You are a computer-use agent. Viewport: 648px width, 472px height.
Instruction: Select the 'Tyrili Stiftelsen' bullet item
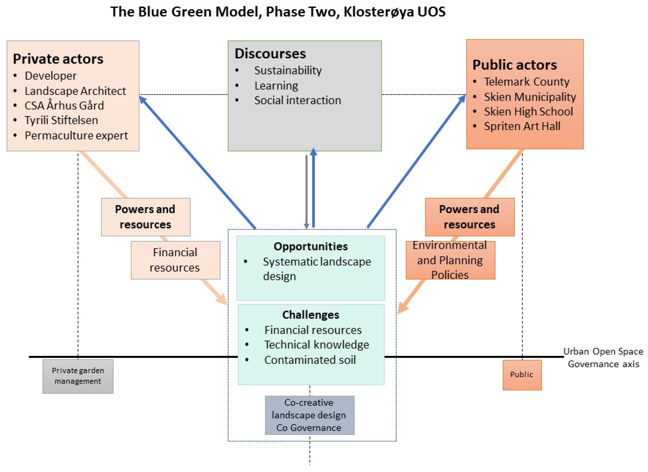point(61,120)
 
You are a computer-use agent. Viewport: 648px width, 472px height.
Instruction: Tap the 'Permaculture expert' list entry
point(76,135)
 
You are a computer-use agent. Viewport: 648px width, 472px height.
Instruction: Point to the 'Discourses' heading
point(270,54)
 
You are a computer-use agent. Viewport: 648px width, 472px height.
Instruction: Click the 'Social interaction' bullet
point(297,100)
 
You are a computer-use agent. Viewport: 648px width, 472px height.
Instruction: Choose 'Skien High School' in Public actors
point(528,111)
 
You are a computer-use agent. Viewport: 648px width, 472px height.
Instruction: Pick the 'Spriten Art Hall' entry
point(522,126)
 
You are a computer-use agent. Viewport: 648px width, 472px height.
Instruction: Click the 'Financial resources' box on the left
point(175,260)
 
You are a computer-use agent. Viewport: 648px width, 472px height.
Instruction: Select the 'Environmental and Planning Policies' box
point(450,260)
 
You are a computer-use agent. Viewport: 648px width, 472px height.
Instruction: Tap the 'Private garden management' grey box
point(78,376)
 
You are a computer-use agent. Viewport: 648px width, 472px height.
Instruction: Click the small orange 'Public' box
point(522,375)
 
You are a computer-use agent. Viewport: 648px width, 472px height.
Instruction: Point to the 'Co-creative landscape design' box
point(309,415)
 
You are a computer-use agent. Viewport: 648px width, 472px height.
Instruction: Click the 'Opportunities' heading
point(311,246)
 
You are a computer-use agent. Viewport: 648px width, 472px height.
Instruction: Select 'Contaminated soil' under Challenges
point(310,360)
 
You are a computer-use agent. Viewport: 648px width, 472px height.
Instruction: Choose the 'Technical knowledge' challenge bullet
point(316,345)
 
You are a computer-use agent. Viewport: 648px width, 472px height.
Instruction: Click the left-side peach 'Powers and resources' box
point(145,217)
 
